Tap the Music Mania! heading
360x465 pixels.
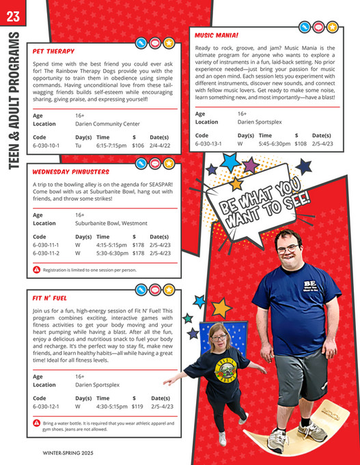click(217, 33)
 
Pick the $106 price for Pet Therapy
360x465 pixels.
click(138, 145)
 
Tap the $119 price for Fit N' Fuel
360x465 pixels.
click(137, 406)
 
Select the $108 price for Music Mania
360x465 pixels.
click(301, 144)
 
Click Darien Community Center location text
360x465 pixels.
click(107, 124)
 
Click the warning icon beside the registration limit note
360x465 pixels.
click(37, 270)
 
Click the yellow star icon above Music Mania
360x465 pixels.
click(332, 27)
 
